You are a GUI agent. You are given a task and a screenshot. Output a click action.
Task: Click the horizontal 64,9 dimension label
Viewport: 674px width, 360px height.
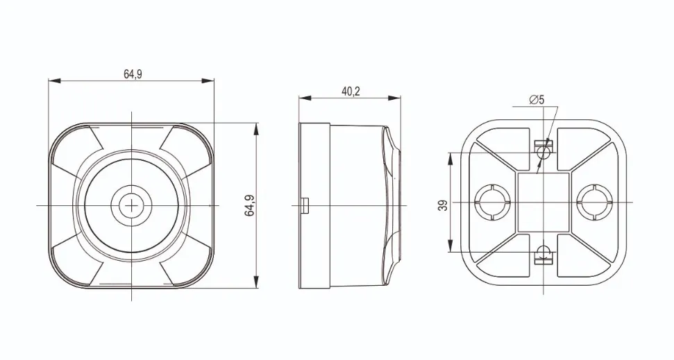click(x=133, y=74)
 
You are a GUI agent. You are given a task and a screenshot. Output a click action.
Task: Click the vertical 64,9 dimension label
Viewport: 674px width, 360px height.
click(x=250, y=205)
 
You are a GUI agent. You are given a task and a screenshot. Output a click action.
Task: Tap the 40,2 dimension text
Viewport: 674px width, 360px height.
click(x=351, y=92)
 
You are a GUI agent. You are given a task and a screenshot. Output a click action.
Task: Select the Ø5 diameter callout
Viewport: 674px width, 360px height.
click(x=537, y=100)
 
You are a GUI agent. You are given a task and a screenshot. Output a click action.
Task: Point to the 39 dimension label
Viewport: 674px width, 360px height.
click(x=444, y=205)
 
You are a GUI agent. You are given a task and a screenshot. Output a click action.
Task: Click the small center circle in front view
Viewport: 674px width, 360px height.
click(x=131, y=205)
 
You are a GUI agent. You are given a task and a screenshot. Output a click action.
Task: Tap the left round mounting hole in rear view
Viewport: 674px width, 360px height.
click(x=493, y=203)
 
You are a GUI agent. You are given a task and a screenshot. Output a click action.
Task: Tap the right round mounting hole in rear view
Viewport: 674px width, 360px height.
click(x=594, y=203)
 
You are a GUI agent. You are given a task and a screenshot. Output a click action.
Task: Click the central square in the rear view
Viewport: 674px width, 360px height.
click(x=544, y=203)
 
